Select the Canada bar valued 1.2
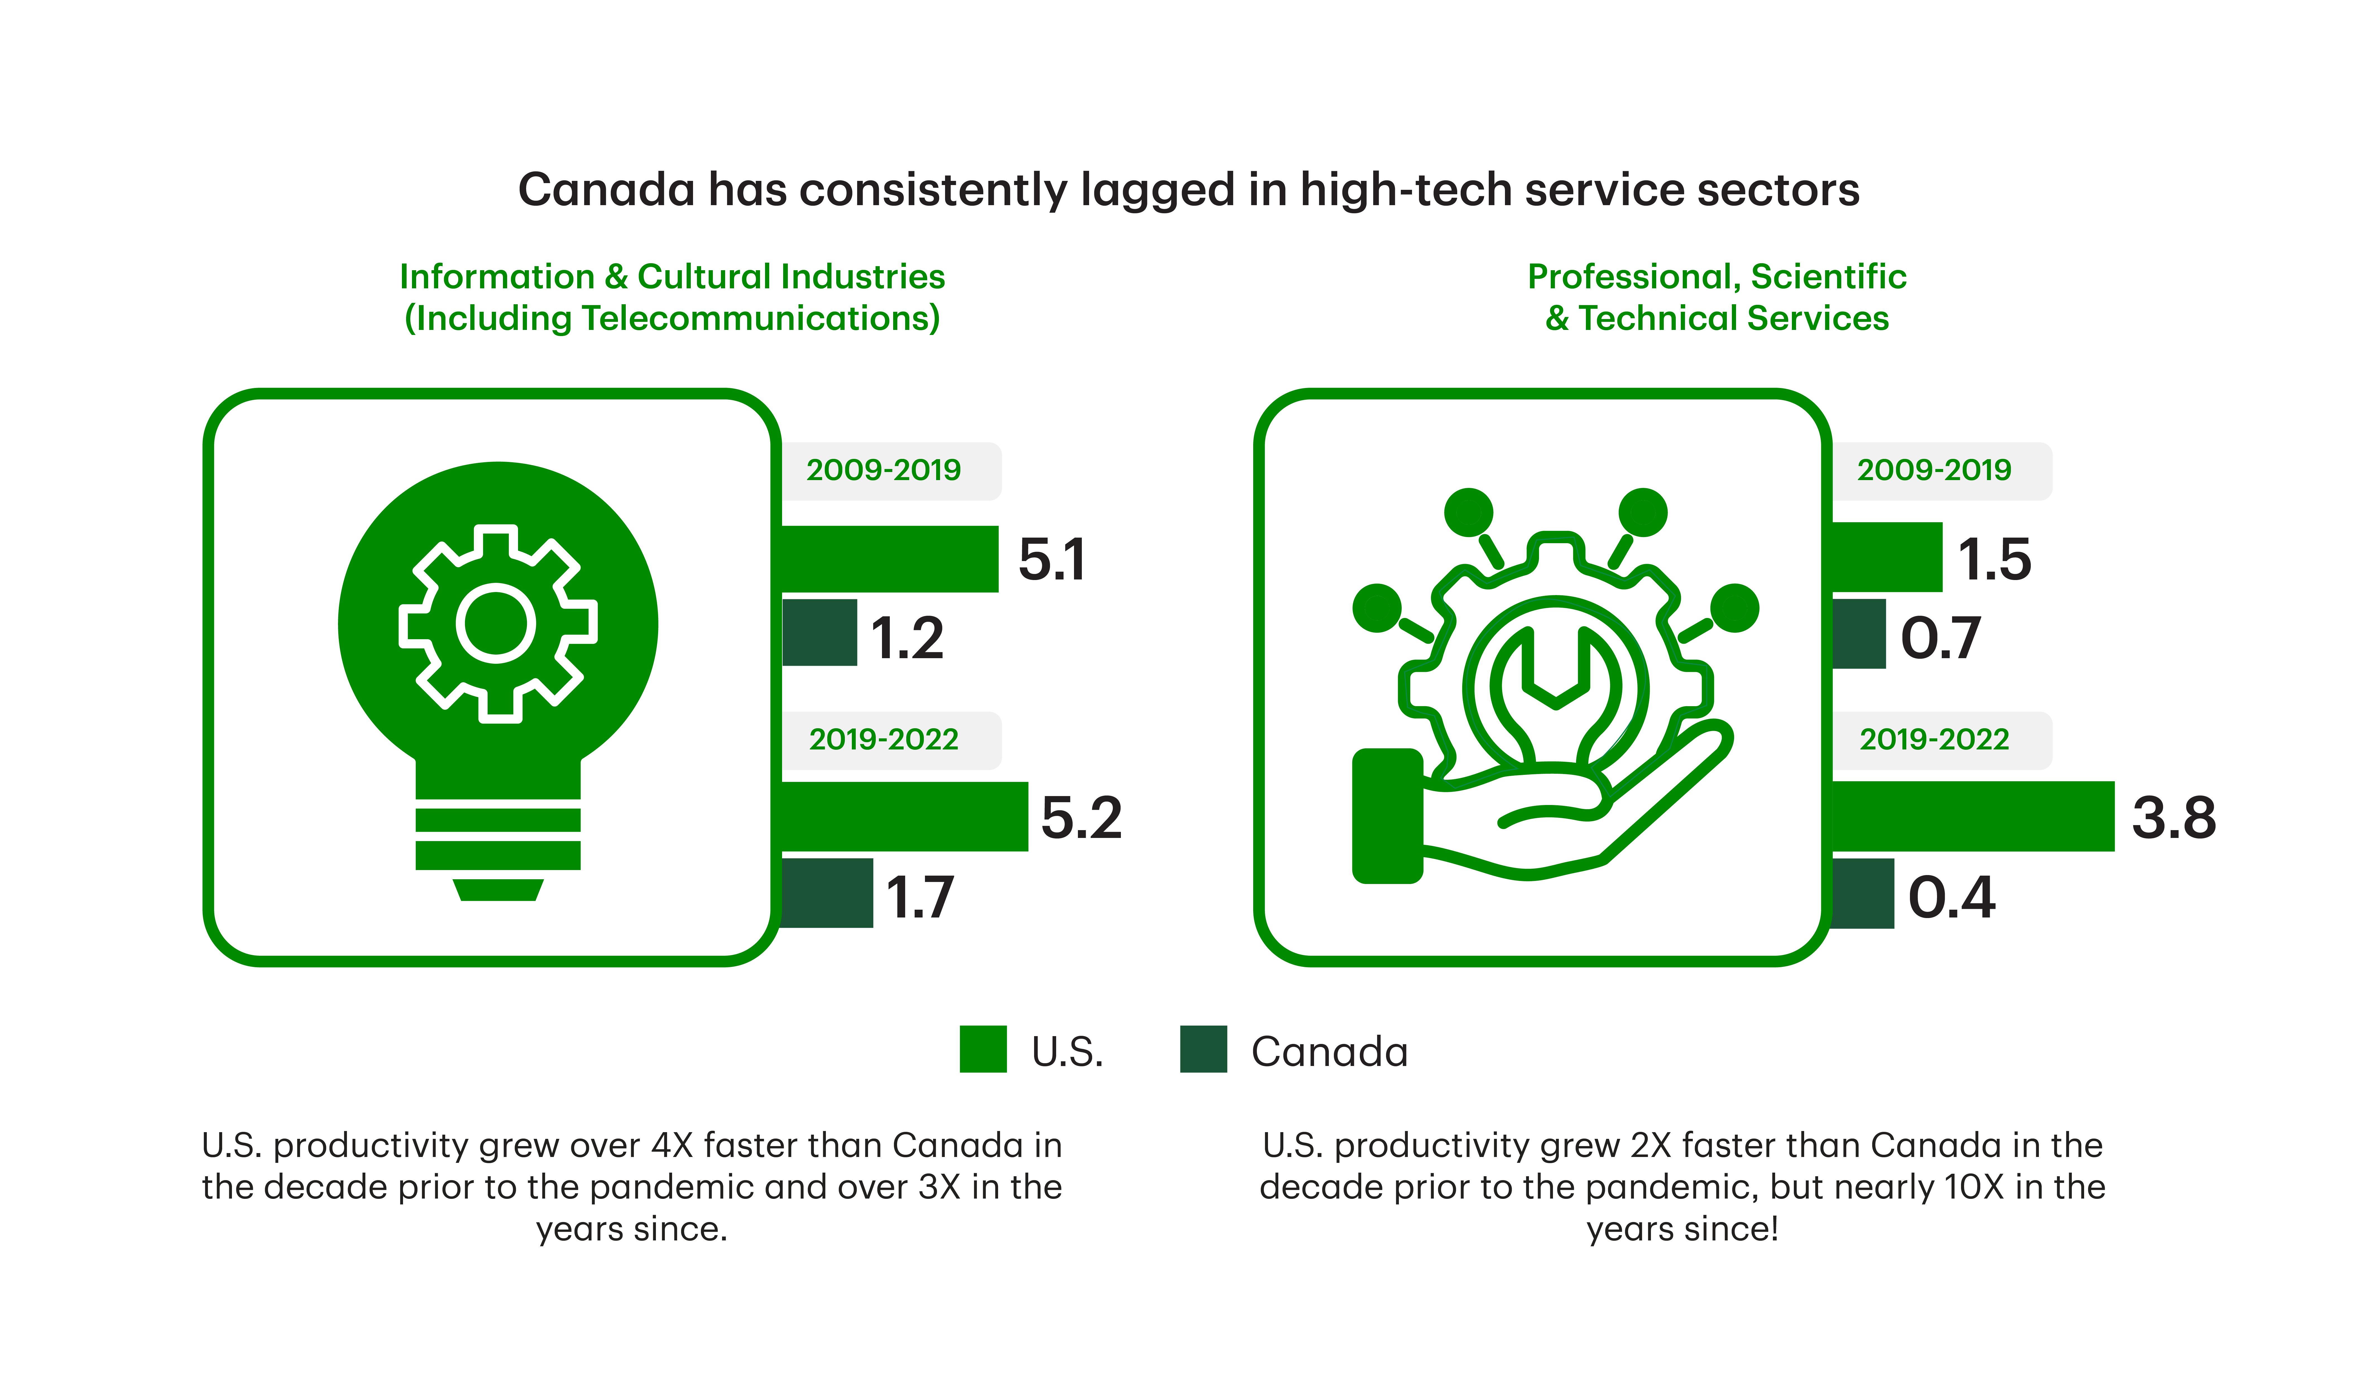819,632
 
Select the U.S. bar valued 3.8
1972,816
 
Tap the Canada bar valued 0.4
1862,893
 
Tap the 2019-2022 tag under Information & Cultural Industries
883,739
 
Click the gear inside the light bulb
497,624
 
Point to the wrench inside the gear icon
1555,689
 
